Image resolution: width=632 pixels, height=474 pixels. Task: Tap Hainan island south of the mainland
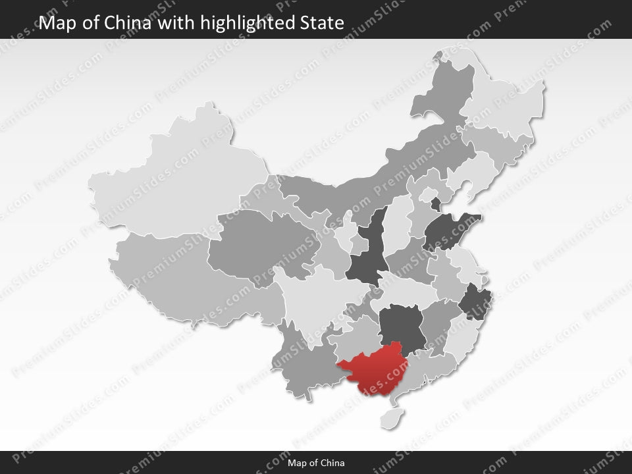(393, 417)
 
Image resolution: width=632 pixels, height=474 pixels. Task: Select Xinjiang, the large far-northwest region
(178, 178)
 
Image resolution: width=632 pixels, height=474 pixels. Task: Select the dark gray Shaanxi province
(365, 253)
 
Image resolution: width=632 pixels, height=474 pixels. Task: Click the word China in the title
(132, 23)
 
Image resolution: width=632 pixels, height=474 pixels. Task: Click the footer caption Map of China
(316, 463)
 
